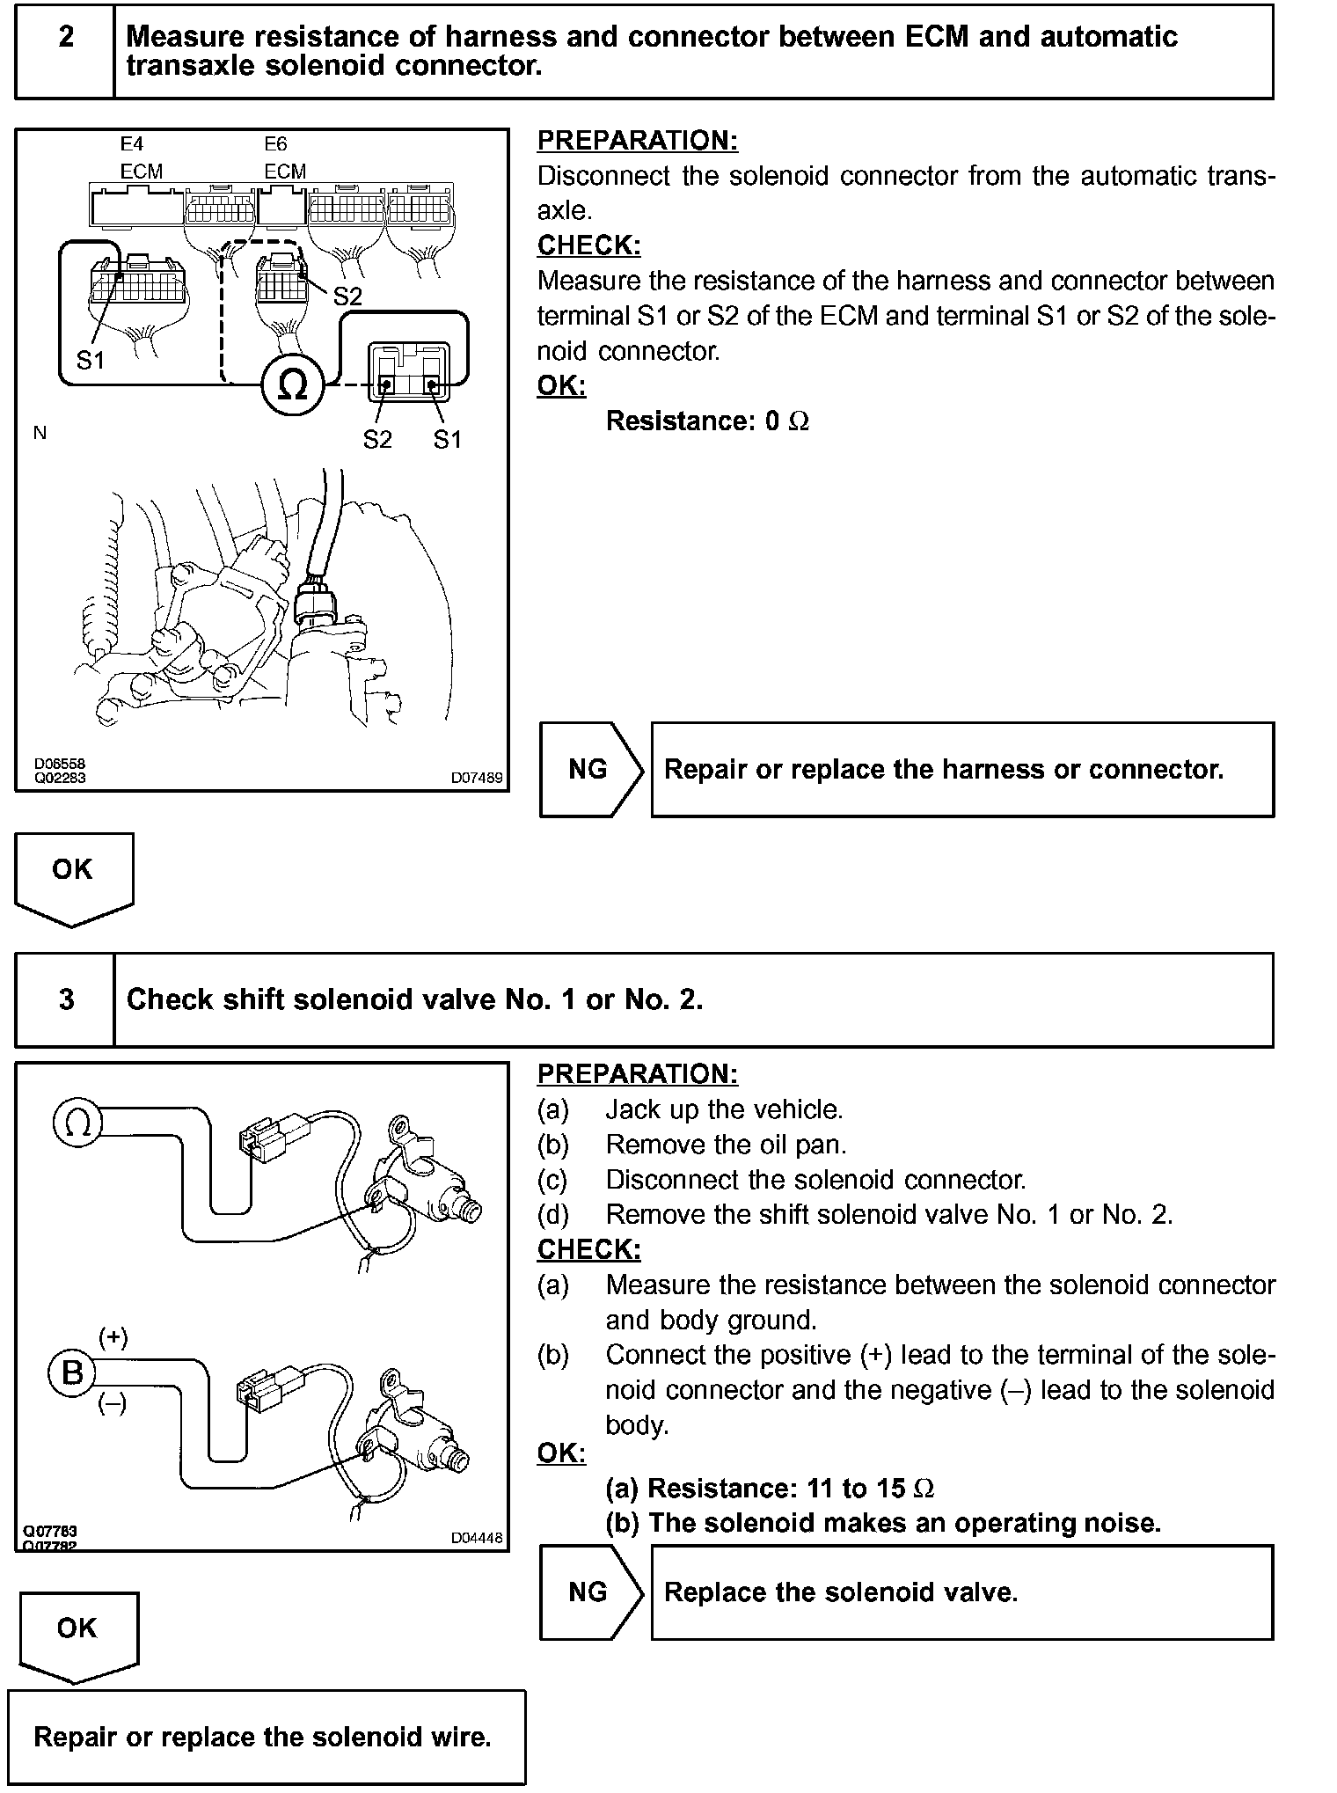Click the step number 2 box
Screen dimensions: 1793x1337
click(65, 51)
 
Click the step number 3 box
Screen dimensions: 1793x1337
click(65, 999)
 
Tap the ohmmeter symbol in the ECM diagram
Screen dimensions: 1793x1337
click(292, 384)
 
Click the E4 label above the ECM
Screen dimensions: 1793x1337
click(131, 143)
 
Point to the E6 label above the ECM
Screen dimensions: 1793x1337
click(275, 143)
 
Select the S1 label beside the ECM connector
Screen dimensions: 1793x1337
click(90, 360)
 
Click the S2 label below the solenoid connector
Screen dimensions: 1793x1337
click(377, 439)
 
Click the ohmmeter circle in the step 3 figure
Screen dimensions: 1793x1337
click(78, 1123)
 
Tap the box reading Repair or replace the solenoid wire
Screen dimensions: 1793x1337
click(262, 1737)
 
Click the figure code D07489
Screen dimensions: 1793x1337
click(477, 778)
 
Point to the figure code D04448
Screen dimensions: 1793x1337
click(477, 1537)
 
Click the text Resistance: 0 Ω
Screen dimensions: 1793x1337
click(707, 421)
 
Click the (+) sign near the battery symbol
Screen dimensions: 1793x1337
click(113, 1338)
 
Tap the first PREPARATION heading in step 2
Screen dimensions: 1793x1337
click(638, 141)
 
